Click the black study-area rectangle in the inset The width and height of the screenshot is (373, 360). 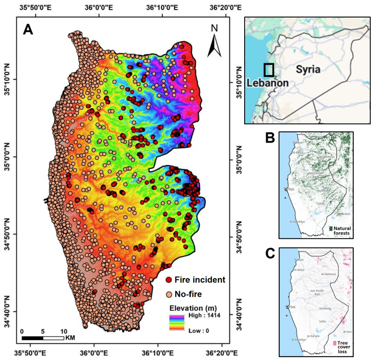(x=269, y=70)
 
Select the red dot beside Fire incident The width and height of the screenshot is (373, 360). (x=168, y=280)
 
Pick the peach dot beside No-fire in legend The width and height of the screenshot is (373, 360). (x=168, y=294)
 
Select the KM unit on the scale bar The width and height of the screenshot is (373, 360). (x=70, y=338)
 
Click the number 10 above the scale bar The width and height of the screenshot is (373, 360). (x=63, y=331)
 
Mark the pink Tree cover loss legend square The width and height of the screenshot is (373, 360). (x=334, y=342)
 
